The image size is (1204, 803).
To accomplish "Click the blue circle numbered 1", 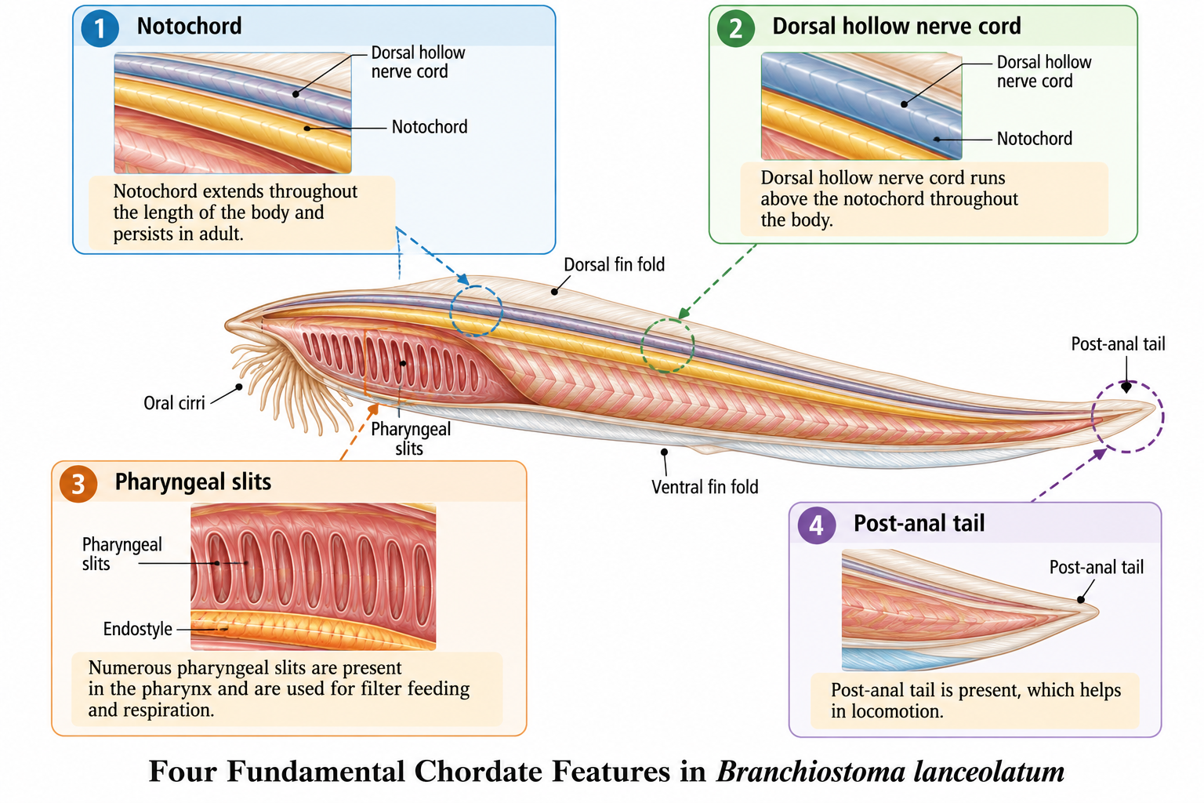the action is tap(100, 28).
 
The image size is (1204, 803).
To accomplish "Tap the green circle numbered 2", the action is tap(736, 28).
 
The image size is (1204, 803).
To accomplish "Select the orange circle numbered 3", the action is tap(78, 484).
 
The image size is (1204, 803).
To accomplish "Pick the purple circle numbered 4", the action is tap(817, 525).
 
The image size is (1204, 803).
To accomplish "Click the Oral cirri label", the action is tap(174, 403).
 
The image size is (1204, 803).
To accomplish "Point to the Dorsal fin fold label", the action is tap(614, 264).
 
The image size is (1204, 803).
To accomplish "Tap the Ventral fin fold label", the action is tap(705, 487).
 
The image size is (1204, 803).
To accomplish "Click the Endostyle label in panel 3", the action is tap(138, 629).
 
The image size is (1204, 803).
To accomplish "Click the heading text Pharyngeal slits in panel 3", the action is tap(193, 482).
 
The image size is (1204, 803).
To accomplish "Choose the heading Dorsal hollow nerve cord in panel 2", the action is tap(897, 26).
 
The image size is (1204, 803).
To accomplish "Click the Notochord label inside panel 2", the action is tap(1034, 138).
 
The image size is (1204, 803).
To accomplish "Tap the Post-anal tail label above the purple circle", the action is tap(1118, 343).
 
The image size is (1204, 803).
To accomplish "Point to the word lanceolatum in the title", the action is tap(989, 772).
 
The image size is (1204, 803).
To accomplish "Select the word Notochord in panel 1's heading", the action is tap(189, 26).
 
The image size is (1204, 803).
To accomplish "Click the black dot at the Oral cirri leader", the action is tap(239, 387).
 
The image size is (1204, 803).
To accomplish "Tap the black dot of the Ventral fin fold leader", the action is tap(665, 452).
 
